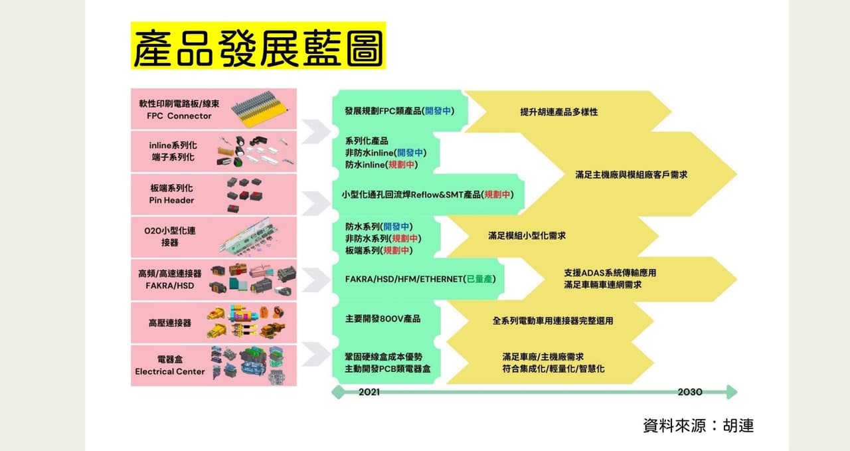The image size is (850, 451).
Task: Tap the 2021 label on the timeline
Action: tap(369, 392)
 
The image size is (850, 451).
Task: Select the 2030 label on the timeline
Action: tap(690, 392)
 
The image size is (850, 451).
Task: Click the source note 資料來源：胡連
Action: tap(698, 426)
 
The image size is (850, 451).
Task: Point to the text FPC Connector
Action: tap(179, 116)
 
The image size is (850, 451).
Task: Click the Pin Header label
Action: tap(171, 200)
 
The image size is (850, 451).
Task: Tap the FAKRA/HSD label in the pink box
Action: tap(169, 286)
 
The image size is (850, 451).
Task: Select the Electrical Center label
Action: tap(169, 371)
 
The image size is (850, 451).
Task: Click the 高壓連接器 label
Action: tap(169, 323)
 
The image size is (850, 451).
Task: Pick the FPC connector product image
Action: tap(259, 109)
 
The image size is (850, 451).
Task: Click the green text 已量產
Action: tap(479, 279)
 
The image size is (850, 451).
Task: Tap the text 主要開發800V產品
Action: tap(383, 319)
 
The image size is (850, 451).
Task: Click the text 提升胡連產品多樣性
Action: tap(559, 112)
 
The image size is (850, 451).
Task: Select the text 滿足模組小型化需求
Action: tap(527, 236)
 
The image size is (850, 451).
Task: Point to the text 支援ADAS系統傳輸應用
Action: tap(610, 273)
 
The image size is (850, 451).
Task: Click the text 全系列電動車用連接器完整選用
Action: tap(552, 321)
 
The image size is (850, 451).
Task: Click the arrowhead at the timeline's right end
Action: tap(732, 392)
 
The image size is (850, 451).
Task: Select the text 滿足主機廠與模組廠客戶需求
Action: tap(631, 175)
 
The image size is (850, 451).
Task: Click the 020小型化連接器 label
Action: tap(169, 236)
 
